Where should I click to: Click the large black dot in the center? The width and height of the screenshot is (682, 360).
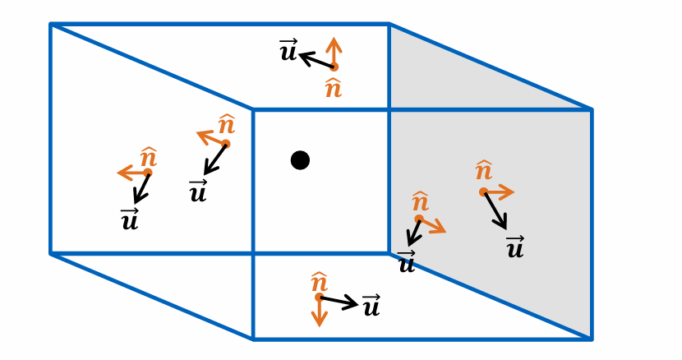point(300,160)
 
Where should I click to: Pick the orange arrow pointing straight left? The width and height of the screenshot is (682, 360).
point(132,173)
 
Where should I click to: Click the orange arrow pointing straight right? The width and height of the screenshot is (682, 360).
point(499,192)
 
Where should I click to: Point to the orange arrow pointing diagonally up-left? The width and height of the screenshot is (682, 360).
point(211,137)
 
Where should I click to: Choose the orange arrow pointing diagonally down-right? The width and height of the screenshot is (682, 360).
point(432,225)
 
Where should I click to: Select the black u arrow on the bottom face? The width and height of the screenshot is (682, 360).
point(339,302)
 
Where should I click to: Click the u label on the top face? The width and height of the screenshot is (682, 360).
point(288,51)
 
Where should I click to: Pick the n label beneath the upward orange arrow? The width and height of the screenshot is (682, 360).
point(333,87)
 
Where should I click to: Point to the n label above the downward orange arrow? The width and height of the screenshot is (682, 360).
point(319,282)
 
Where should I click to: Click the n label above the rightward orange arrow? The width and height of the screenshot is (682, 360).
point(484,171)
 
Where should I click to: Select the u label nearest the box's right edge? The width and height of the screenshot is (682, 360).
point(515,247)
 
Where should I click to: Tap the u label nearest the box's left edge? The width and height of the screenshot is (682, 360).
point(130,219)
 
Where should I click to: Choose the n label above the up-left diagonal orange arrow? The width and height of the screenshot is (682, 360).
point(227,124)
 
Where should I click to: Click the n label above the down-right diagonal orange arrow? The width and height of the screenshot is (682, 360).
point(420,201)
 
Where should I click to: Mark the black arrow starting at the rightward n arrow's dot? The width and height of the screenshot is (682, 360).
point(495,210)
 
